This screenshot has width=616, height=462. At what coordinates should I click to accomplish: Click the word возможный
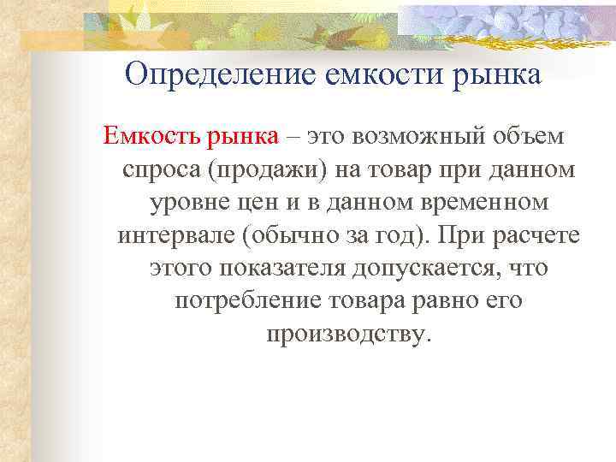pos(414,135)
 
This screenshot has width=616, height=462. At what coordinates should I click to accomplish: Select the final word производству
pos(345,335)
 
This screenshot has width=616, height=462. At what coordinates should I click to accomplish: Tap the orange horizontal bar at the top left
pos(103,38)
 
